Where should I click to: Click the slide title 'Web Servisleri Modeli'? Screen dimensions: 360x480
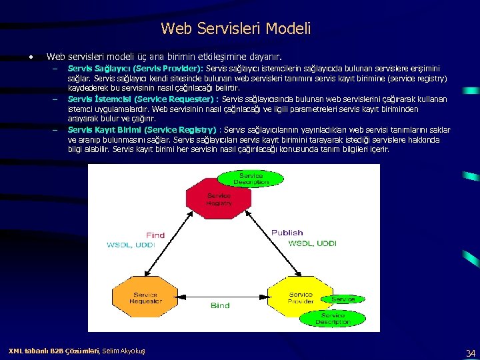pos(235,29)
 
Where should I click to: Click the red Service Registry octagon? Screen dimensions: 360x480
pos(219,199)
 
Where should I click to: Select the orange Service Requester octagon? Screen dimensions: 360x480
pos(145,298)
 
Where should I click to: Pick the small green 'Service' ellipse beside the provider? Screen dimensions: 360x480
pos(343,299)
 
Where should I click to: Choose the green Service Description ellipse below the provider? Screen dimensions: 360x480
pos(331,318)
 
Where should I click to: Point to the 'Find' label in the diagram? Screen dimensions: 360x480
pos(155,235)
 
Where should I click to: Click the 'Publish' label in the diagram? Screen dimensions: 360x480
pos(287,233)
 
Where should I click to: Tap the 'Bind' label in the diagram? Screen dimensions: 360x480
pos(219,305)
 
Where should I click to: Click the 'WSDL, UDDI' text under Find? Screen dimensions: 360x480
pos(131,245)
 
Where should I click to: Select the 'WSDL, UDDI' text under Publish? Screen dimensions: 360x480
pos(312,243)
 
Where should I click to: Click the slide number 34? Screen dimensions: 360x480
pos(470,353)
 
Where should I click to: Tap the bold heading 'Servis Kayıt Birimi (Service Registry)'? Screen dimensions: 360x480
pos(142,129)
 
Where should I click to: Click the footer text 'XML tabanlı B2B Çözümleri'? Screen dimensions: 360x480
pos(53,351)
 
